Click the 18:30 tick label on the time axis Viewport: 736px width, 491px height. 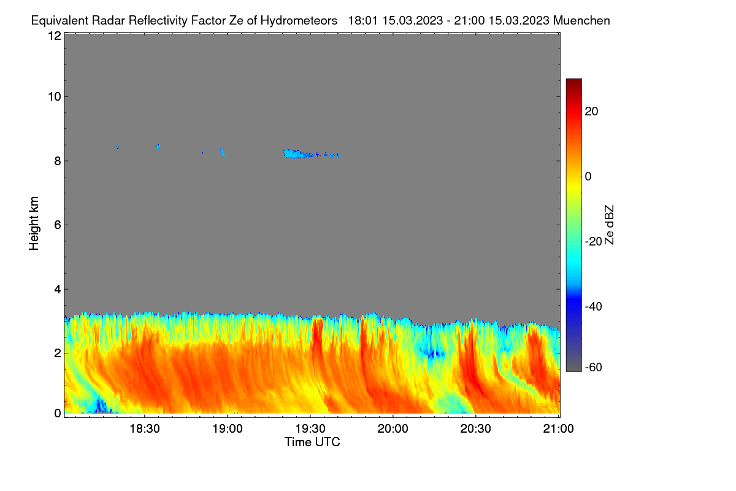[x=145, y=429]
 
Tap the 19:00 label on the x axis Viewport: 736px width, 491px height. [x=228, y=429]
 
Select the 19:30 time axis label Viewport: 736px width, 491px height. [x=310, y=429]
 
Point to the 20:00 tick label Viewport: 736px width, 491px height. [x=393, y=429]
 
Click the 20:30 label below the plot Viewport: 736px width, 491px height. [x=475, y=429]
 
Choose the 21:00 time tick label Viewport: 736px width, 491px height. [x=558, y=429]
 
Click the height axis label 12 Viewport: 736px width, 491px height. [x=55, y=36]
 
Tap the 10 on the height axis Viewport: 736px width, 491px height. [x=55, y=97]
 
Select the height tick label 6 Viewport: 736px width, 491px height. [x=58, y=225]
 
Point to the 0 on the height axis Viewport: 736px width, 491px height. [x=58, y=414]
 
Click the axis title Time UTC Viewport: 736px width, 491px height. [x=312, y=443]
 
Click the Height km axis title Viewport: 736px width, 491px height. [x=34, y=223]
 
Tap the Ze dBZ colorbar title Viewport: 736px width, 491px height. [x=609, y=225]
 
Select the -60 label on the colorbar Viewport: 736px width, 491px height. [x=594, y=368]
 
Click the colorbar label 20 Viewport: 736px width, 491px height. [x=591, y=112]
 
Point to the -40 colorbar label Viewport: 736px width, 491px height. [x=594, y=306]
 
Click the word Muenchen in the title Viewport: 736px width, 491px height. [x=581, y=21]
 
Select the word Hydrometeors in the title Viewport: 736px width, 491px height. [x=299, y=21]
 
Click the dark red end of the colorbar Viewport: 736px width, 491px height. [x=573, y=82]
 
